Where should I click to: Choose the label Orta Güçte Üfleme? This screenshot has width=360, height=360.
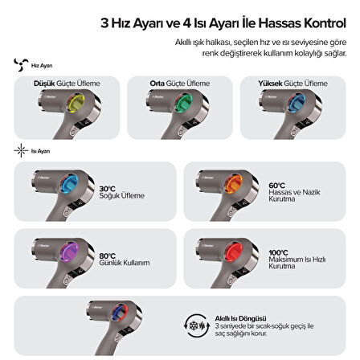(x=178, y=83)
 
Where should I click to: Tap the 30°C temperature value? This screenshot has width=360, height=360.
(x=108, y=189)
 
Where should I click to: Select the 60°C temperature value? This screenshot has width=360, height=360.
(x=276, y=184)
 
